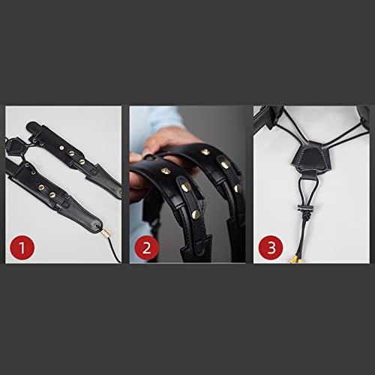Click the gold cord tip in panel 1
point(106,235)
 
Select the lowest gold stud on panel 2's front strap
point(196,214)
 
